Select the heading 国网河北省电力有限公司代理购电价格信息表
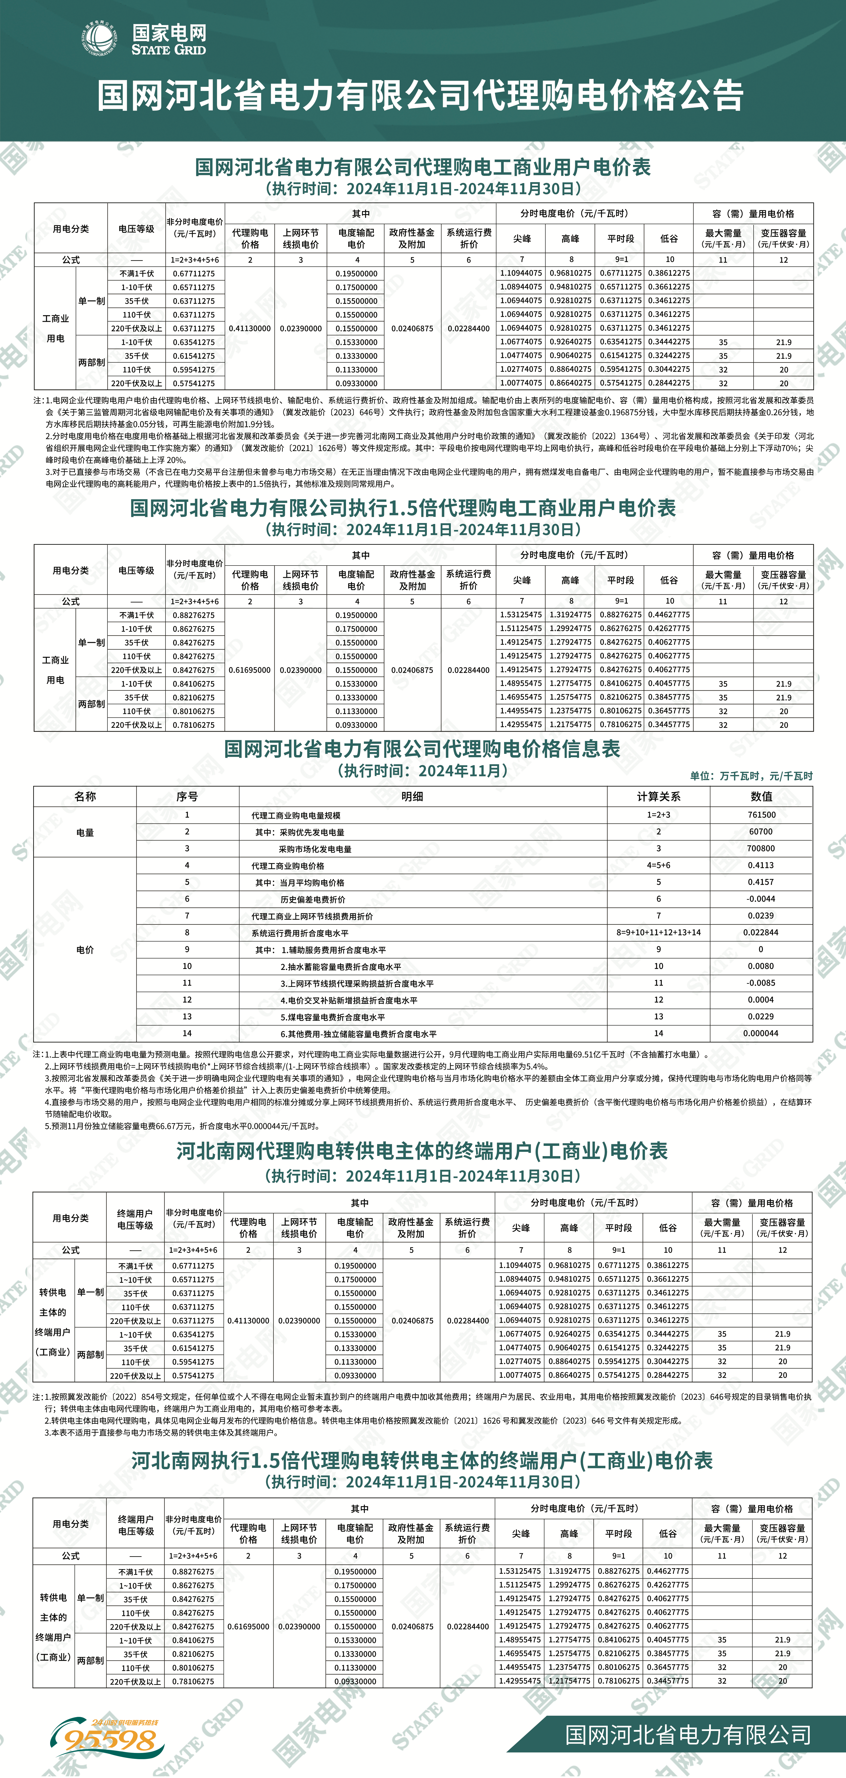click(422, 749)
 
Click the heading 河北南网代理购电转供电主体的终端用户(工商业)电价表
click(422, 1151)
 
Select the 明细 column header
click(412, 797)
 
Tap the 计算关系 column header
click(658, 797)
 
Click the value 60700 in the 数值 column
click(761, 832)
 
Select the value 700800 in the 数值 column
click(761, 848)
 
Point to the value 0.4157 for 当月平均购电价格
click(761, 882)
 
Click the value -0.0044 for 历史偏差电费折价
click(761, 899)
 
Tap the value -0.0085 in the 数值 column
click(761, 983)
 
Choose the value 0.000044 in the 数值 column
click(761, 1033)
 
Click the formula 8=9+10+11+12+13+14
click(658, 932)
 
